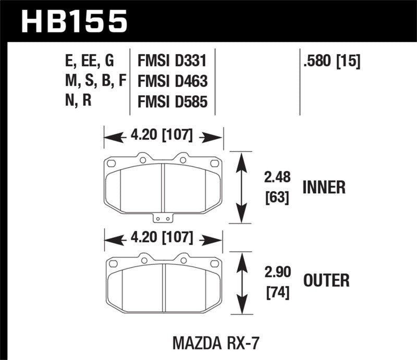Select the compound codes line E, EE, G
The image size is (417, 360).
pos(88,62)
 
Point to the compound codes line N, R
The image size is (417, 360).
pos(77,101)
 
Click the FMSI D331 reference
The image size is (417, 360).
pos(172,62)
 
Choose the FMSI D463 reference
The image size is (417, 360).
pos(172,81)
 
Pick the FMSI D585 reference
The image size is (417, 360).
pos(172,101)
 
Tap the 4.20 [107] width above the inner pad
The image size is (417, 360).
pos(163,137)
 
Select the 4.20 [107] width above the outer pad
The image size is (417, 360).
pos(163,239)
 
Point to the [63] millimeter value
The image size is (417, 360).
pos(277,198)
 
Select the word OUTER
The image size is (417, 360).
pos(326,281)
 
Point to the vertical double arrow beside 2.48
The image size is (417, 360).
pos(241,188)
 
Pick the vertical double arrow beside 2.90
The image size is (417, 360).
pos(241,284)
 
